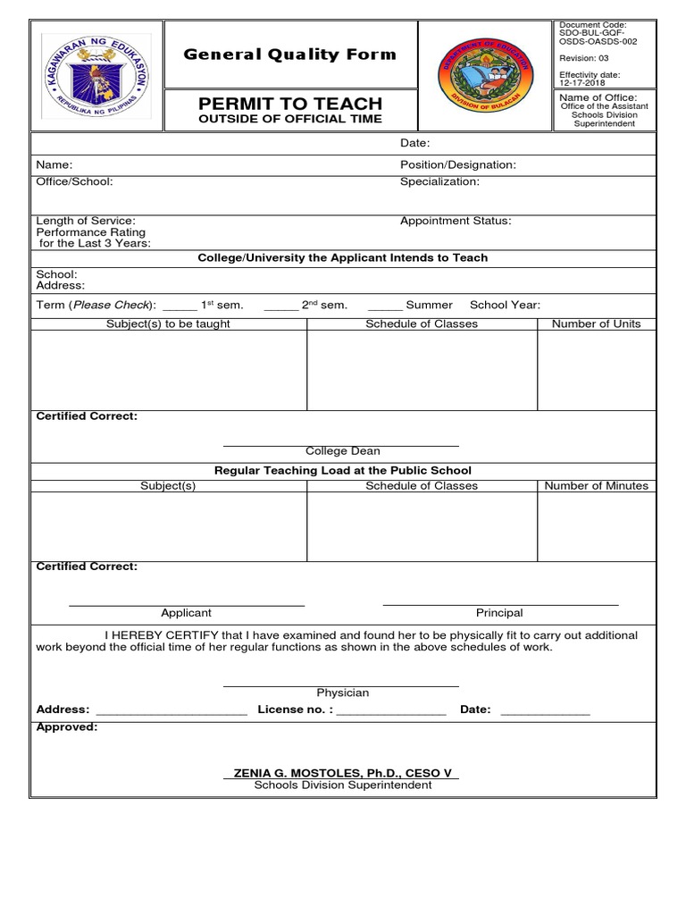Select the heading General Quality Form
(289, 55)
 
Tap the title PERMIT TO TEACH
(289, 104)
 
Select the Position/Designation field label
(457, 165)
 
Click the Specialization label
(439, 181)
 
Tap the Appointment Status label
(456, 221)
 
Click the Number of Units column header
(596, 323)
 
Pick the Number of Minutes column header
(596, 486)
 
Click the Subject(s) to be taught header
(168, 323)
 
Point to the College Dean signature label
(342, 452)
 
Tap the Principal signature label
(499, 613)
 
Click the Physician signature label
(342, 693)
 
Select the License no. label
(295, 709)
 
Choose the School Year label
(505, 305)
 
